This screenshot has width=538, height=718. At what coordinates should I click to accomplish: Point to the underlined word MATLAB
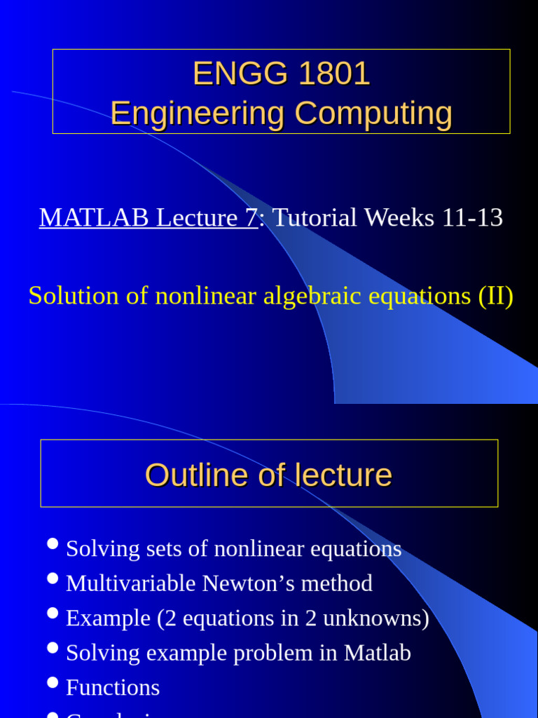point(95,218)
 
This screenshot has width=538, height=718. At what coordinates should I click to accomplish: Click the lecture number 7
point(251,218)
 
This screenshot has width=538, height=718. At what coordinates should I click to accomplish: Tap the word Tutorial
point(316,218)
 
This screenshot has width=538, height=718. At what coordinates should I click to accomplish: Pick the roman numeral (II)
point(495,296)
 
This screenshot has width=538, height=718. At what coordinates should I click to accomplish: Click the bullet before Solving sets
point(53,544)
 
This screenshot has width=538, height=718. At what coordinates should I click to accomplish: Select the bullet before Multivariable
point(53,578)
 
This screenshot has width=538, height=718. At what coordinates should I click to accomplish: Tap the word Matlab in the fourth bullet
point(377,653)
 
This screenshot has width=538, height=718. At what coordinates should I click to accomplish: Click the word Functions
point(113,688)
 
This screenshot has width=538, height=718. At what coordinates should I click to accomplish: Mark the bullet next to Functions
point(53,683)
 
